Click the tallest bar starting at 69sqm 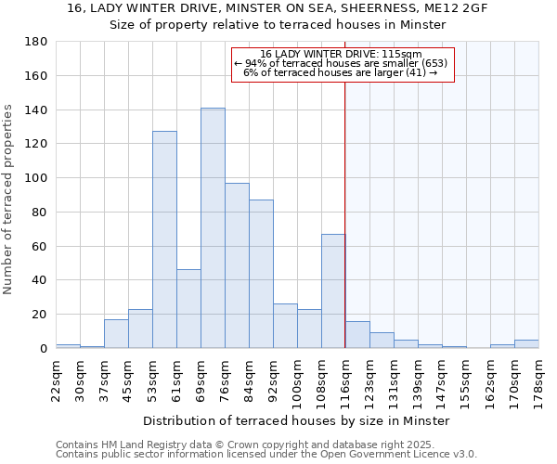tap(213, 228)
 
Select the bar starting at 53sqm tap(164, 239)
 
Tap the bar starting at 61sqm tap(188, 309)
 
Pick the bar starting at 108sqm tap(333, 291)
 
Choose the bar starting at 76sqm tap(237, 265)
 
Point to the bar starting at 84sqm tap(261, 274)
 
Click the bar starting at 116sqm tap(357, 335)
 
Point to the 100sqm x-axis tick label tap(297, 380)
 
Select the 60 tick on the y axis tap(40, 246)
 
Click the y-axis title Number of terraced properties tap(9, 200)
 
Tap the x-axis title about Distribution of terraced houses tap(296, 420)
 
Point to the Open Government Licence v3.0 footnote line tap(266, 455)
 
